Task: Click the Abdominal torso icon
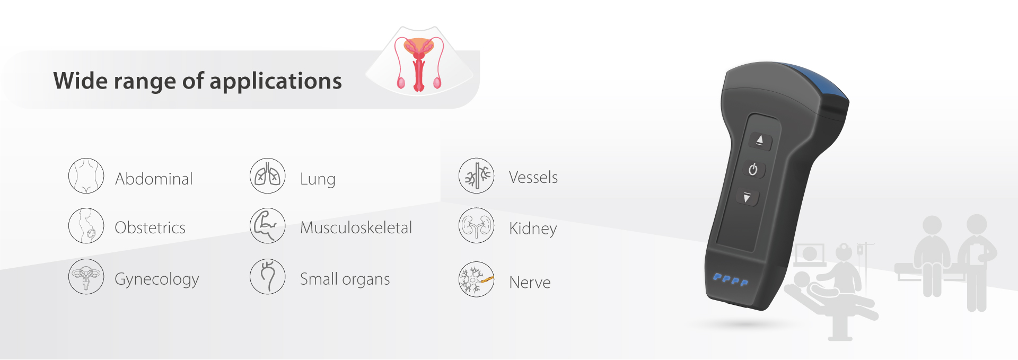click(86, 175)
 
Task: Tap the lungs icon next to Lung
click(268, 175)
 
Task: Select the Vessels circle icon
click(476, 175)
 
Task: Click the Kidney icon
click(476, 225)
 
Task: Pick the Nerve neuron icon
click(476, 279)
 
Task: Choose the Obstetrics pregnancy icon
click(86, 225)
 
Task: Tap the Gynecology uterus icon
click(86, 276)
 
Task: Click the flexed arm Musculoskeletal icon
click(268, 225)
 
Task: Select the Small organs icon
click(268, 276)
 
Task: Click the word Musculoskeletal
click(356, 227)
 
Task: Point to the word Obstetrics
click(150, 227)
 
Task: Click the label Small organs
click(345, 279)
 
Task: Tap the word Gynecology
click(157, 279)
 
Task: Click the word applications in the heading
click(276, 82)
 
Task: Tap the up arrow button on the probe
click(760, 141)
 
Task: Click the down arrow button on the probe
click(748, 197)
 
